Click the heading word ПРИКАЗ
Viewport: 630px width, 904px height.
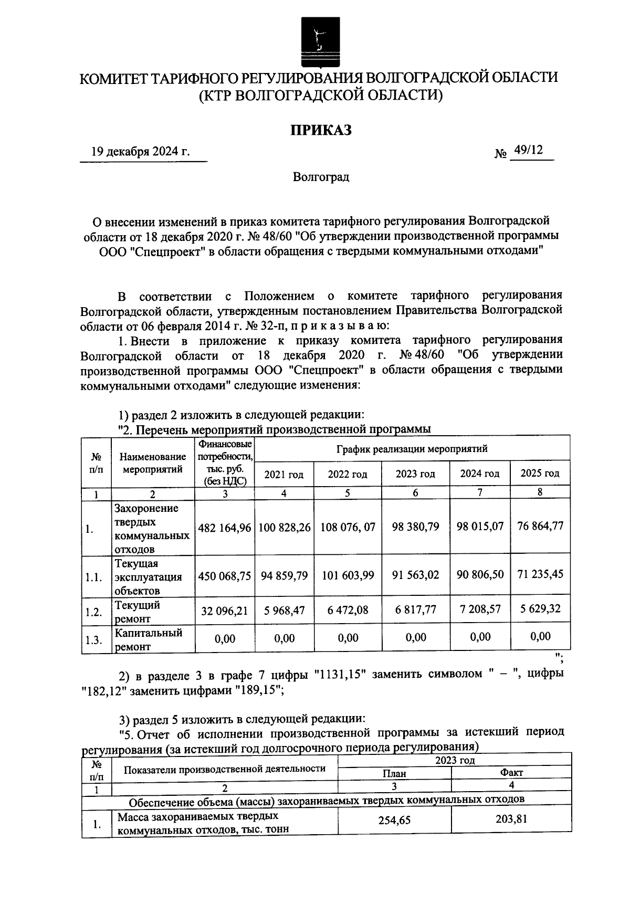click(321, 130)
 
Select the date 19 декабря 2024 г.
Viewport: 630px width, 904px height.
click(140, 152)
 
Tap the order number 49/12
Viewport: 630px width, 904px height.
click(528, 150)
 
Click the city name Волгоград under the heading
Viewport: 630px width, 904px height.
click(321, 177)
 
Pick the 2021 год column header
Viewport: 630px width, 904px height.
click(283, 475)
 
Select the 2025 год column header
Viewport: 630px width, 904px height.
click(540, 473)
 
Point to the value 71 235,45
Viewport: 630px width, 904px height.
click(540, 574)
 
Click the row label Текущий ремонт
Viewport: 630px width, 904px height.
click(138, 612)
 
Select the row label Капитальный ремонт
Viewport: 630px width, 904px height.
click(149, 639)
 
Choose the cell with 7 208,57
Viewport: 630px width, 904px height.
click(479, 609)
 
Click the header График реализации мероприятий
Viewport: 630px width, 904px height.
click(412, 449)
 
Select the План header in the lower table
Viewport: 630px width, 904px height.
click(394, 773)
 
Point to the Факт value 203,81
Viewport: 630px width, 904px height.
click(511, 819)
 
